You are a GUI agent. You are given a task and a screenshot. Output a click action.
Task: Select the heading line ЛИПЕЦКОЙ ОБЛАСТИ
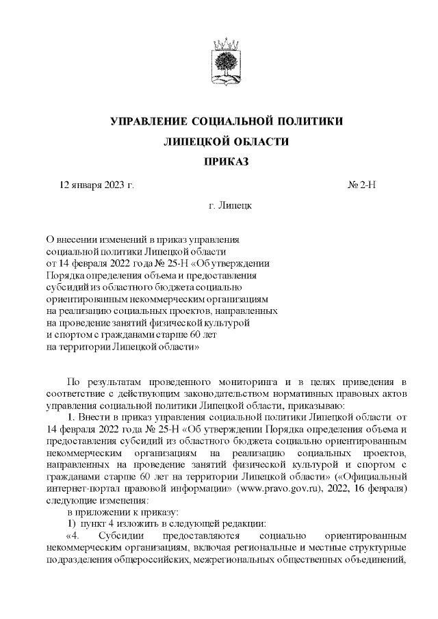[227, 142]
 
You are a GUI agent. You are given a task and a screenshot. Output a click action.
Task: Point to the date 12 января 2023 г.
[96, 185]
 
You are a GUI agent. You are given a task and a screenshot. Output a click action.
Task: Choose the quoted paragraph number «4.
[73, 536]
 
